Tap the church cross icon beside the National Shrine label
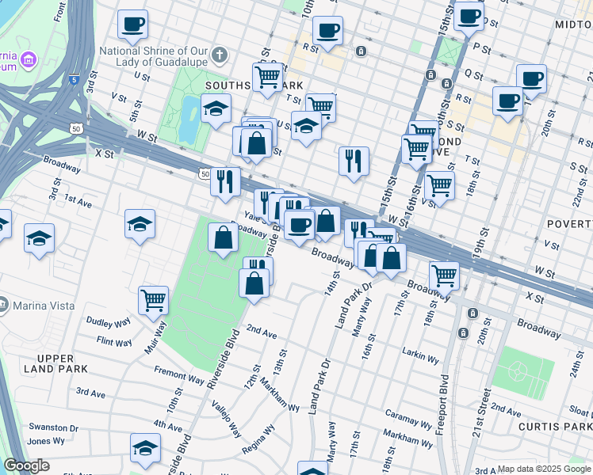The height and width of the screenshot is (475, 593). pos(220,56)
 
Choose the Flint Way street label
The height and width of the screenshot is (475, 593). pos(113,341)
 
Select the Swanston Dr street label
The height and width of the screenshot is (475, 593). pos(52,427)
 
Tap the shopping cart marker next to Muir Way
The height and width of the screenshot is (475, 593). pos(153,300)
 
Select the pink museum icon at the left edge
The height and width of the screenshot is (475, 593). pos(29,59)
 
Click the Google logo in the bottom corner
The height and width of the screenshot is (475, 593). pos(26,465)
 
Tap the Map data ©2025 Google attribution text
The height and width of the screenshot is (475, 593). pos(544,469)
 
